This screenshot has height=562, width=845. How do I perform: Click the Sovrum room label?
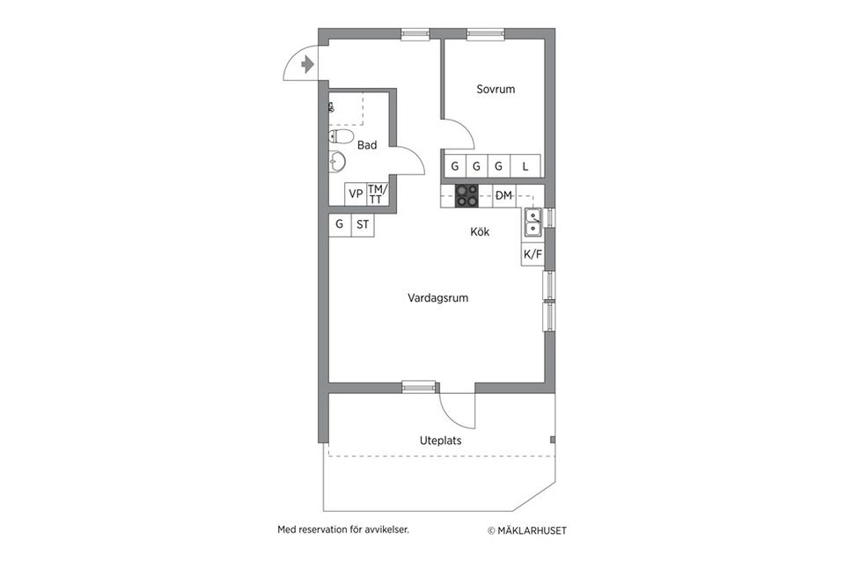(496, 89)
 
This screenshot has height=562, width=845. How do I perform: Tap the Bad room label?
(367, 145)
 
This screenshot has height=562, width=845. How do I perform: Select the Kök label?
(480, 232)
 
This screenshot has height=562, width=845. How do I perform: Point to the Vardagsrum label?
(437, 298)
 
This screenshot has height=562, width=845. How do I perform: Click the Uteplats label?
(441, 441)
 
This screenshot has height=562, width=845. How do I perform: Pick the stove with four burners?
(467, 195)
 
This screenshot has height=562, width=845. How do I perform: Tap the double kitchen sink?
(533, 223)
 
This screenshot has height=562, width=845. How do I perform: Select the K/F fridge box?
(533, 254)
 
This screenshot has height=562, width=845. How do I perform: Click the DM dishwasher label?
(504, 195)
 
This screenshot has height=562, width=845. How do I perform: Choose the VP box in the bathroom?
(356, 193)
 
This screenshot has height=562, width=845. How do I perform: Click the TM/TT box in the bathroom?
(377, 193)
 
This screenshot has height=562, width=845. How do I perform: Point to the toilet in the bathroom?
(342, 137)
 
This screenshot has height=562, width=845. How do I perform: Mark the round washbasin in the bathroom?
(337, 162)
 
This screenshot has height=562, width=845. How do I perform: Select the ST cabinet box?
(363, 224)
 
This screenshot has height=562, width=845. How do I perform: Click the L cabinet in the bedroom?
(525, 165)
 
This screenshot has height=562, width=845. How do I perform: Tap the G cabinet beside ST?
(340, 224)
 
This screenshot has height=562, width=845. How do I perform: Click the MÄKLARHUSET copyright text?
(528, 530)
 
